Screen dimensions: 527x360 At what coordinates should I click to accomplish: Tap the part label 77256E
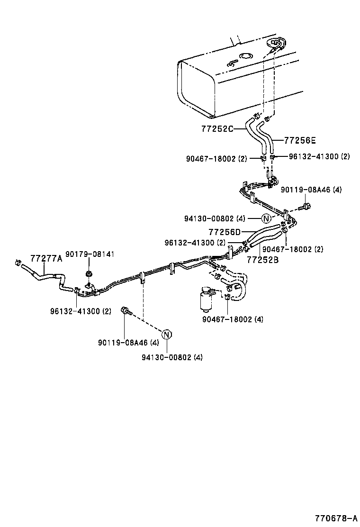(x=299, y=140)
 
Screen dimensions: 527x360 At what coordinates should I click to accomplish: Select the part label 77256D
(x=225, y=232)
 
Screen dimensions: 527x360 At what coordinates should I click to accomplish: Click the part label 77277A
(x=46, y=258)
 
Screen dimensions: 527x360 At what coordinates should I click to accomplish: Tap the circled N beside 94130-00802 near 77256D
(x=266, y=218)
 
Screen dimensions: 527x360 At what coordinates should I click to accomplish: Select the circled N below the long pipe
(x=167, y=334)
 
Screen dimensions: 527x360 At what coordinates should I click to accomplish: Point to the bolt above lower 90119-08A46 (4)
(x=125, y=310)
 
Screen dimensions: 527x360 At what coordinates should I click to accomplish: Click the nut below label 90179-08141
(x=89, y=274)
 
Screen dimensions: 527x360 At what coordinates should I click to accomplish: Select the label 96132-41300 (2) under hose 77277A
(x=81, y=311)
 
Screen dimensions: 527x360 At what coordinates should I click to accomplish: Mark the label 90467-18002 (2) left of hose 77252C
(x=216, y=159)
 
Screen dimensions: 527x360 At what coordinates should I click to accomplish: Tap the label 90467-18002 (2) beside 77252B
(x=293, y=249)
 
